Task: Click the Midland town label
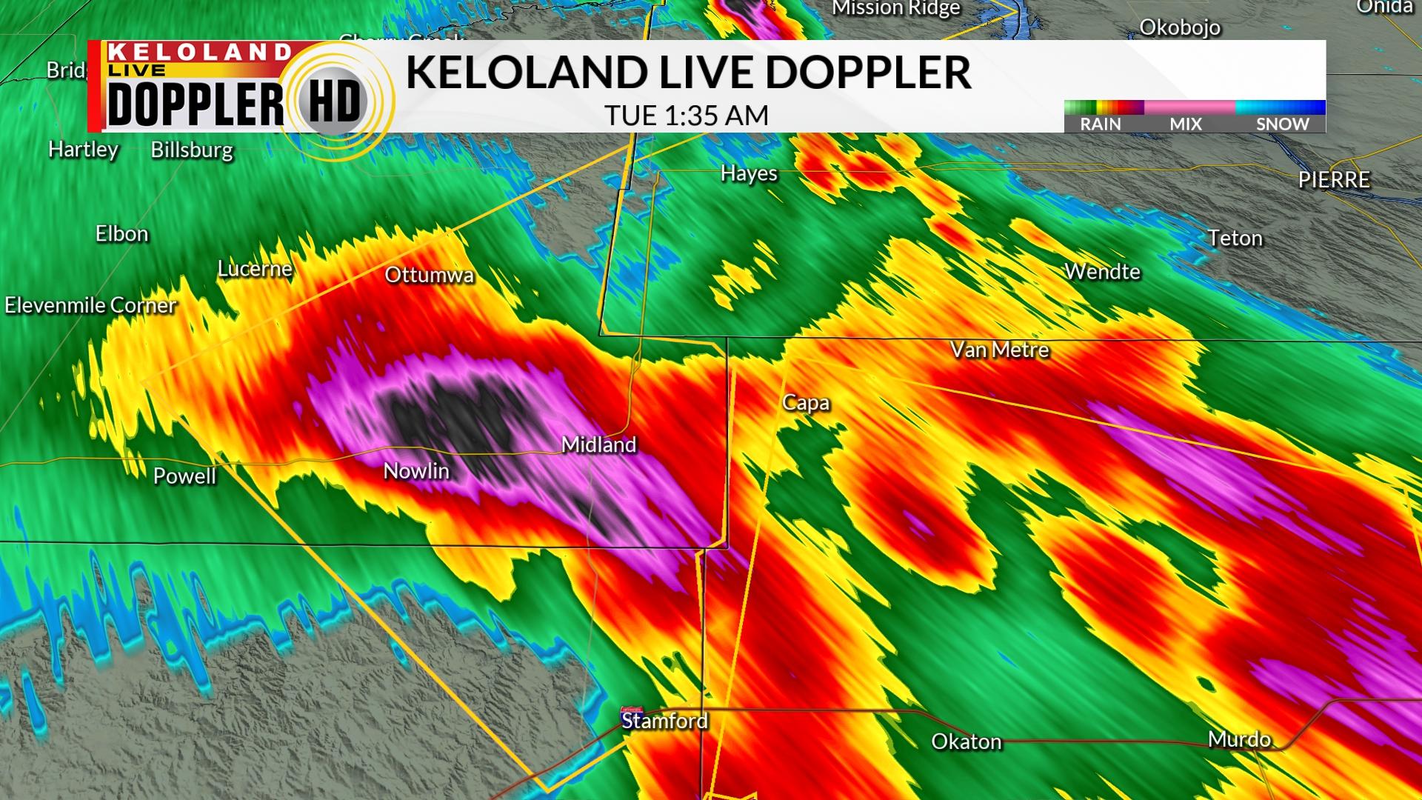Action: coord(598,444)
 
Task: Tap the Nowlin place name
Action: coord(416,471)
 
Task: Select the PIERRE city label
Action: coord(1334,180)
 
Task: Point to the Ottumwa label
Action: coord(429,275)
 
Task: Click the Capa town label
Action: coord(806,403)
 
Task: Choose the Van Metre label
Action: coord(1000,350)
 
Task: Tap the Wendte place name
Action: coord(1102,272)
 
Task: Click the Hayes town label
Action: coord(749,173)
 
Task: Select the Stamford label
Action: coord(664,721)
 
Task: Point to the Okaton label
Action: coord(966,741)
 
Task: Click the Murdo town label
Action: coord(1239,739)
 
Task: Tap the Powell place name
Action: coord(184,476)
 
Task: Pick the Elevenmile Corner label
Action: coord(90,305)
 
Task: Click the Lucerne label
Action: coord(255,268)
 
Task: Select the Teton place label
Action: coord(1235,238)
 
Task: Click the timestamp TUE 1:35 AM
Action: coord(687,116)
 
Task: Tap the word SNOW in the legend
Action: coord(1282,124)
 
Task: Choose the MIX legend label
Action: coord(1186,124)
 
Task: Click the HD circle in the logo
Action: coord(334,101)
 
